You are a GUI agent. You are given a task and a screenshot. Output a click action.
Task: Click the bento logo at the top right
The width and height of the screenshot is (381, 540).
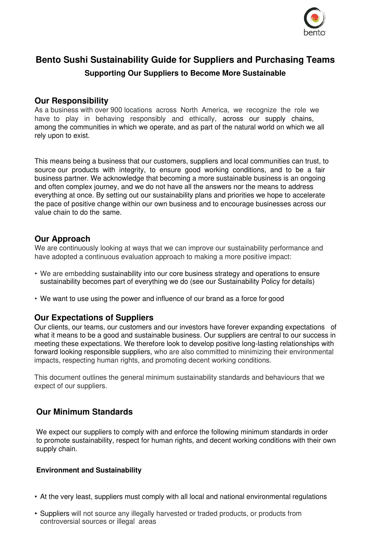point(314,21)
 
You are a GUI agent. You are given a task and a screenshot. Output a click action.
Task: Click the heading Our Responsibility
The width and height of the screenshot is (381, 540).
point(71,101)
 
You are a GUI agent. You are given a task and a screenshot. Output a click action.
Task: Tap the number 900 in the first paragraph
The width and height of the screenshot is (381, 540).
point(116,110)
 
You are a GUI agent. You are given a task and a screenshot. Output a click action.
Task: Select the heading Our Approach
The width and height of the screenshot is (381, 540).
point(62,239)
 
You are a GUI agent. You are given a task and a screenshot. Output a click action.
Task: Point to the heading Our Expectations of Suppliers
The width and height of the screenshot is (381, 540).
point(94,318)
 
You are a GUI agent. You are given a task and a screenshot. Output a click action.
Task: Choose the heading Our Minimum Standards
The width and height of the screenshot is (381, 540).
point(84,412)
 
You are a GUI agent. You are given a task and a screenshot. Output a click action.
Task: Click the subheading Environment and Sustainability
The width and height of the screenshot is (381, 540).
point(89,470)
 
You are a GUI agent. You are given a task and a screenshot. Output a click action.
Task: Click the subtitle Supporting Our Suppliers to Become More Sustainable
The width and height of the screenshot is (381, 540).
point(185,73)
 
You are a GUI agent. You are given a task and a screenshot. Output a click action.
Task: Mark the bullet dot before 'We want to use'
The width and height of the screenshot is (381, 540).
point(36,299)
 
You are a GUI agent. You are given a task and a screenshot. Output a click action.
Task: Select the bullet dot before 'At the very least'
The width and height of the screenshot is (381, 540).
point(36,497)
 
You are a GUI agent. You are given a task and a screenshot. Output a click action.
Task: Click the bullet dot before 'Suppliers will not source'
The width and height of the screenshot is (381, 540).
point(36,514)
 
